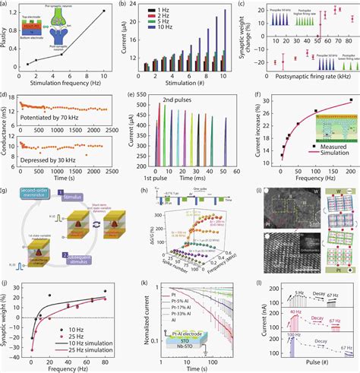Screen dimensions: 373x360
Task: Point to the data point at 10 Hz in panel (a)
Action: point(104,11)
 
